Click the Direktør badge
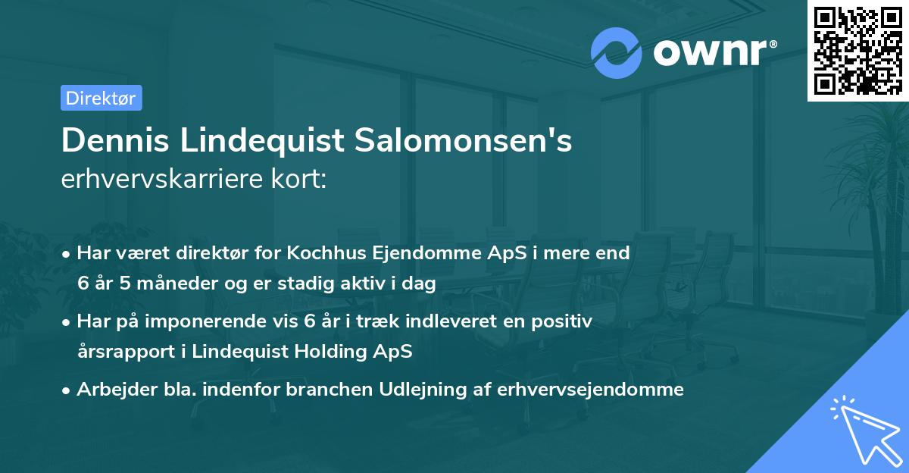tap(101, 98)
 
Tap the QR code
tap(857, 51)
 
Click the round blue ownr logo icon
tap(617, 52)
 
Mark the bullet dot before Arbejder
tap(67, 390)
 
